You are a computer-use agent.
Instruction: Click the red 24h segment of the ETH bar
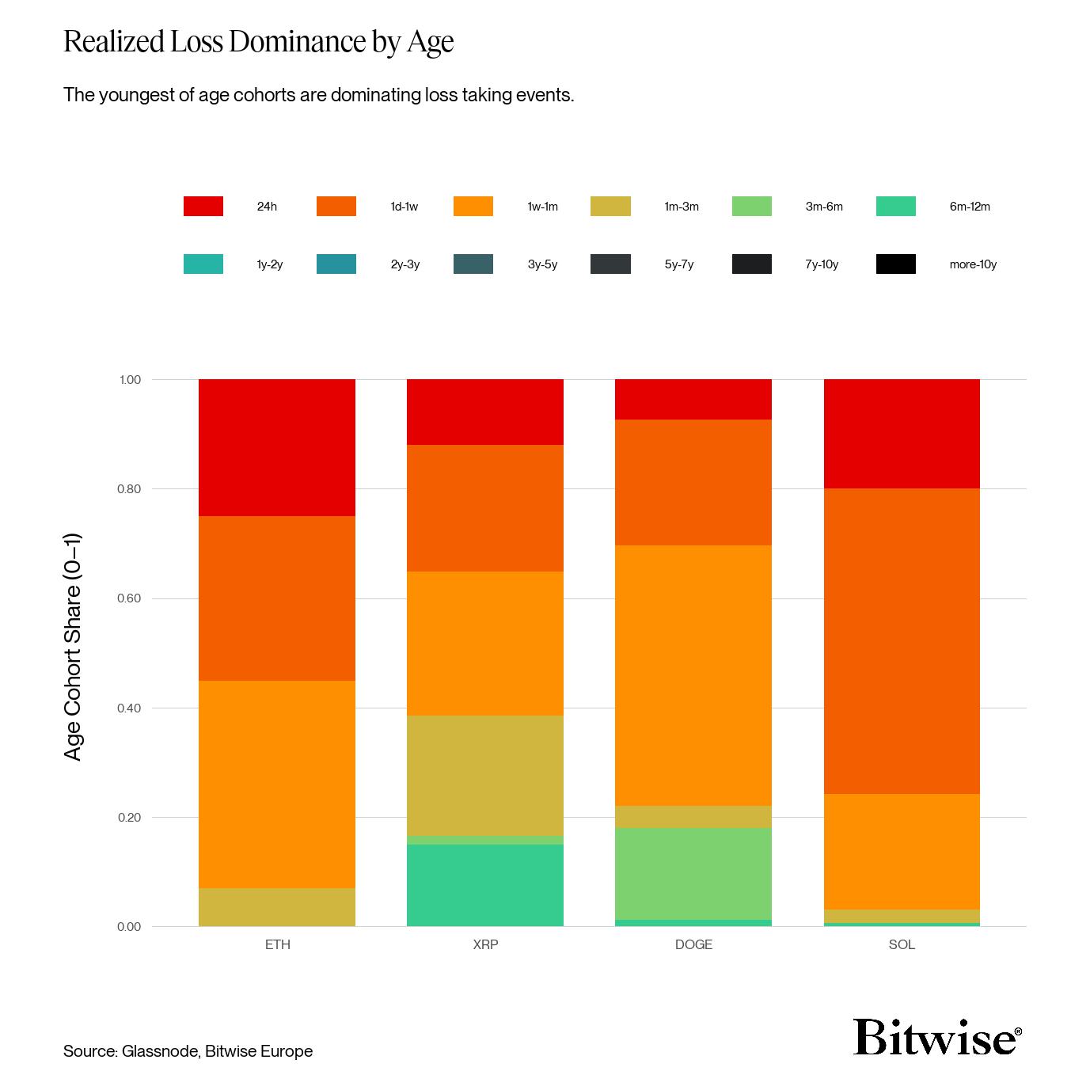tap(276, 447)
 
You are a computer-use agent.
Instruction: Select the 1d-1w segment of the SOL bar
tap(902, 641)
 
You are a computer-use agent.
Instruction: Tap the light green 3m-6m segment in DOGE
tap(693, 874)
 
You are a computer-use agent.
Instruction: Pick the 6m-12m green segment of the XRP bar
tap(484, 885)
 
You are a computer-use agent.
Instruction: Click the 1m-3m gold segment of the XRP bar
tap(484, 775)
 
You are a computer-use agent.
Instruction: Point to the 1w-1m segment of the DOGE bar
tap(693, 675)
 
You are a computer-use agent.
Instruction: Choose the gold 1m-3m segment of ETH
tap(276, 907)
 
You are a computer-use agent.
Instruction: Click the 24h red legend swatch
tap(203, 207)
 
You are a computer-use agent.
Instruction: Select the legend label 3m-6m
tap(824, 207)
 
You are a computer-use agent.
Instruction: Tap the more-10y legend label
tap(973, 264)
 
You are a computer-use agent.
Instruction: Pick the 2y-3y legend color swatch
tap(336, 264)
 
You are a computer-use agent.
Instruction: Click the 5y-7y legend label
tap(679, 264)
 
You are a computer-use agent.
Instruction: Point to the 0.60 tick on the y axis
tap(129, 598)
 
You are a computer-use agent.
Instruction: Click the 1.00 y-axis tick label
tap(130, 380)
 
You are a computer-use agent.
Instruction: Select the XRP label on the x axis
tap(485, 944)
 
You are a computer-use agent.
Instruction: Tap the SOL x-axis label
tap(902, 944)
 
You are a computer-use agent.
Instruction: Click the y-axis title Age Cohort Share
tap(73, 647)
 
